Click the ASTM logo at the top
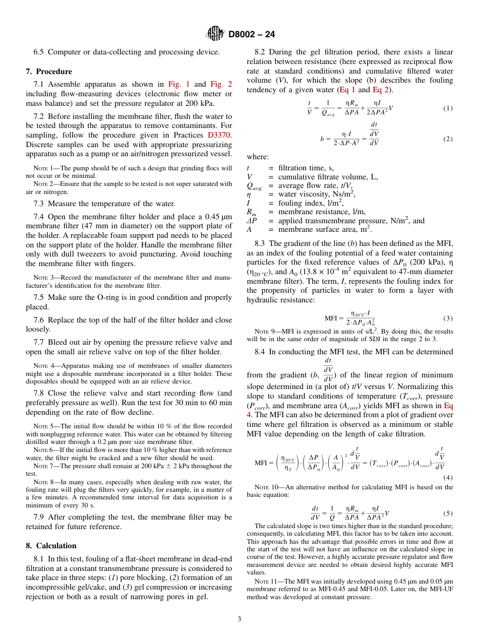pos(216,34)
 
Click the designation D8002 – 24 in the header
pos(252,35)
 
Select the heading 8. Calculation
pos(51,546)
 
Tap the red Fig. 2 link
pos(221,85)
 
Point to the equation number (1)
pos(448,108)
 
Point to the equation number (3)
pos(448,318)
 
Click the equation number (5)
pos(448,514)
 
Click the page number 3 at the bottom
pos(239,619)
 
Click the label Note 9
pos(266,332)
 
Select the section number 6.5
pos(40,52)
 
